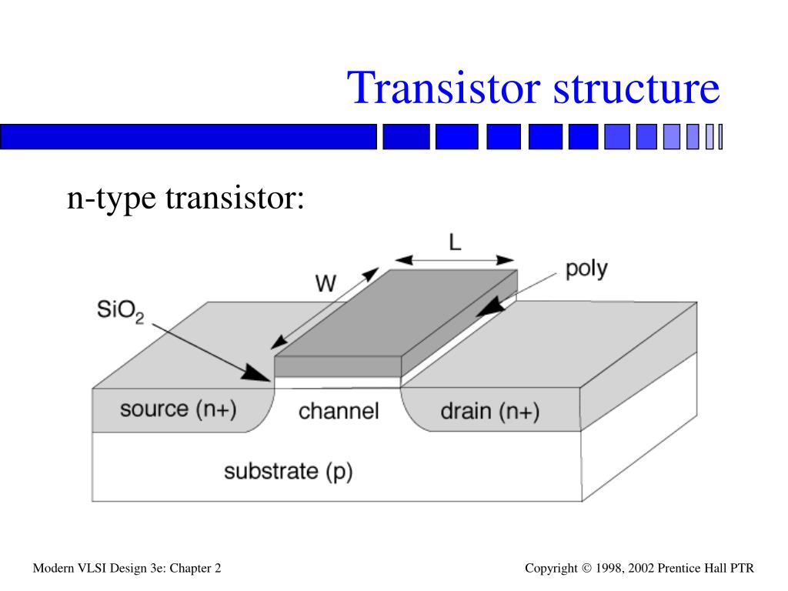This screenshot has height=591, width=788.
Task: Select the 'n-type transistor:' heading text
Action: tap(185, 199)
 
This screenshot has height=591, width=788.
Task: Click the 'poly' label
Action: tap(586, 269)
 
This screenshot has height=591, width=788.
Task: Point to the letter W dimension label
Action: tap(326, 283)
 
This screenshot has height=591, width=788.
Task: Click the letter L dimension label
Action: tap(455, 243)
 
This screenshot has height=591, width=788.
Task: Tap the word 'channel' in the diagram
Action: tap(339, 411)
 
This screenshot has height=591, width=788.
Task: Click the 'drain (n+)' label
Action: tap(489, 411)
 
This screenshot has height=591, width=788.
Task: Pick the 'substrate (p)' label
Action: tap(288, 470)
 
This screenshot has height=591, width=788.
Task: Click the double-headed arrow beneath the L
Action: tap(455, 259)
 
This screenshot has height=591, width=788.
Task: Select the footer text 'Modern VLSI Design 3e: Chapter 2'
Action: tap(127, 569)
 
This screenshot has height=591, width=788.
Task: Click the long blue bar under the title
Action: tap(189, 136)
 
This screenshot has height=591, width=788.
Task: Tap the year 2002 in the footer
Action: tap(643, 569)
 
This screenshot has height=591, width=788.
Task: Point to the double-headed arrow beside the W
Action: tap(326, 308)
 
